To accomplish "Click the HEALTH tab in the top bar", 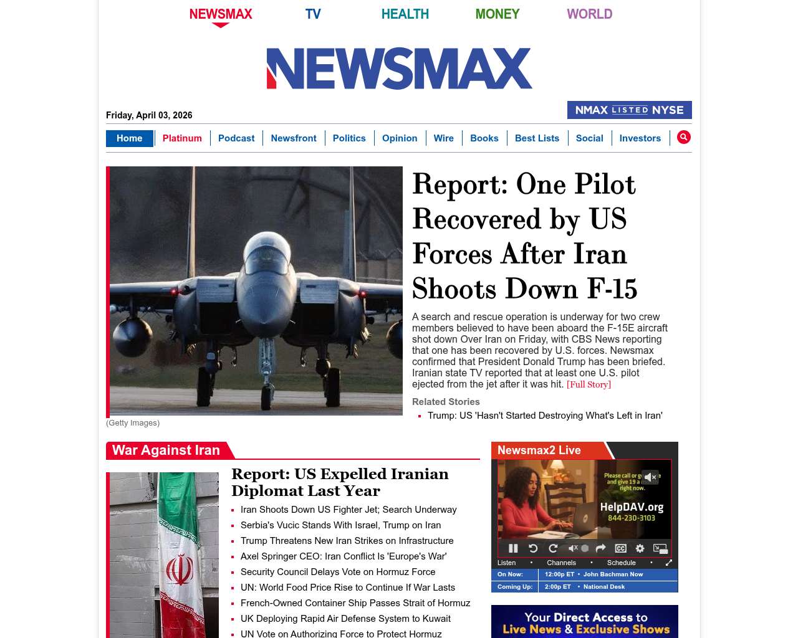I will pyautogui.click(x=405, y=14).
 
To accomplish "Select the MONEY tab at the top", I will pyautogui.click(x=497, y=14).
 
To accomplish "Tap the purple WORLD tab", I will pyautogui.click(x=589, y=14).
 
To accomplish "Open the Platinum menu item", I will pyautogui.click(x=182, y=138).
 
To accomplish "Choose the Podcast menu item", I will pyautogui.click(x=236, y=138).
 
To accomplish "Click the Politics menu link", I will pyautogui.click(x=349, y=138).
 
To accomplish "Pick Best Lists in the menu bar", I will pyautogui.click(x=537, y=138).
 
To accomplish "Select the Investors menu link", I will pyautogui.click(x=640, y=138).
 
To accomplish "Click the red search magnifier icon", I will pyautogui.click(x=684, y=137).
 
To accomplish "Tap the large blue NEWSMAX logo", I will pyautogui.click(x=399, y=69).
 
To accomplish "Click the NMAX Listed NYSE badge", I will pyautogui.click(x=629, y=110).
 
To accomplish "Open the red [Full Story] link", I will pyautogui.click(x=589, y=384).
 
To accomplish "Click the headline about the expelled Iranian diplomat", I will pyautogui.click(x=340, y=482).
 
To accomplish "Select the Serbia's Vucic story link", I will pyautogui.click(x=340, y=525).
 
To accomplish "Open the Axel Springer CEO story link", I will pyautogui.click(x=344, y=556).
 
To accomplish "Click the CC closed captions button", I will pyautogui.click(x=620, y=548).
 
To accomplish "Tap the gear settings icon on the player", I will pyautogui.click(x=640, y=548).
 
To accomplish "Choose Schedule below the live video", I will pyautogui.click(x=621, y=563).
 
